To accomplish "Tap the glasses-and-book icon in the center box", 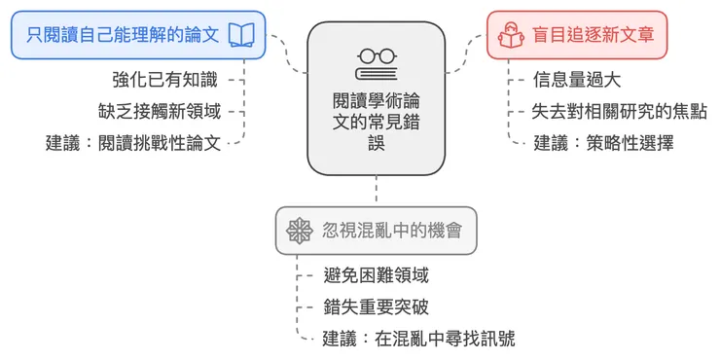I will pos(376,64).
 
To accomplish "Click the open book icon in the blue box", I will pos(242,36).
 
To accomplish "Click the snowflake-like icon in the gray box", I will pos(299,232).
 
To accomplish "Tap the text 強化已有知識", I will pos(164,81).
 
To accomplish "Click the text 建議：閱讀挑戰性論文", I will pos(133,142).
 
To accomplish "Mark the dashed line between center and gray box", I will pos(376,192).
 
